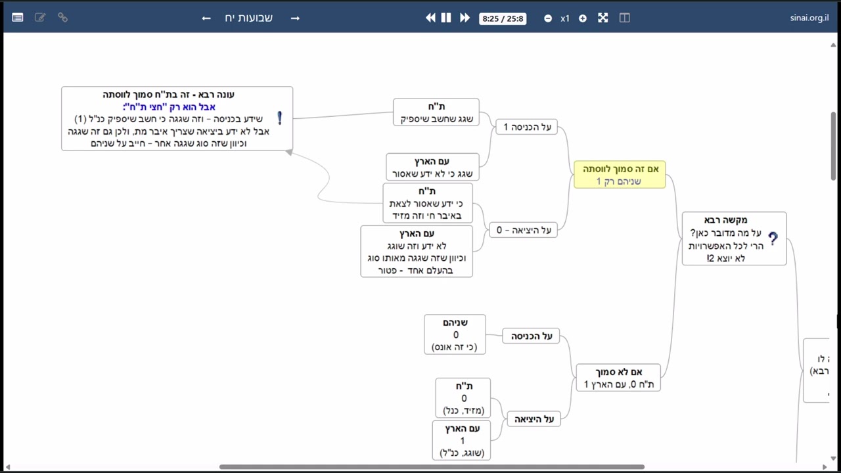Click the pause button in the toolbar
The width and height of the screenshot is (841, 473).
(x=446, y=18)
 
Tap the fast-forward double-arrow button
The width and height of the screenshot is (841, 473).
(x=465, y=18)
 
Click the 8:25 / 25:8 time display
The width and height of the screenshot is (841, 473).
(x=503, y=18)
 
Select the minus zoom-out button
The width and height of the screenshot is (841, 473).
(x=548, y=18)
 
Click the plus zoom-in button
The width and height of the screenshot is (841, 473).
(x=583, y=18)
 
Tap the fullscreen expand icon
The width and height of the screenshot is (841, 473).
(x=603, y=18)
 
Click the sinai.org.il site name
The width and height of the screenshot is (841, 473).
(x=809, y=18)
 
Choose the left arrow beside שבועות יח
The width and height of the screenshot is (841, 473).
(x=206, y=18)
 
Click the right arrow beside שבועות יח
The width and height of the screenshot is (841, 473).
(x=295, y=18)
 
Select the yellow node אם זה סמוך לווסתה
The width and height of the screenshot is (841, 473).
(x=620, y=175)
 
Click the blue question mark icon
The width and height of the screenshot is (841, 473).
(x=773, y=238)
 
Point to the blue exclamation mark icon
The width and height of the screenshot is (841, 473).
(x=280, y=118)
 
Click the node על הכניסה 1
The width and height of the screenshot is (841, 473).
(x=527, y=127)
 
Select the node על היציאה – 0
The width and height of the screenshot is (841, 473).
(x=524, y=230)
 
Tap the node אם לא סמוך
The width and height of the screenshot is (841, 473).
(x=618, y=378)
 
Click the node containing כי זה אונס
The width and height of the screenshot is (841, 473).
(x=455, y=334)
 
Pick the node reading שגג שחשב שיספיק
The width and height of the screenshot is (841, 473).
(x=436, y=112)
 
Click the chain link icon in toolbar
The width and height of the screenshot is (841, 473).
(x=62, y=17)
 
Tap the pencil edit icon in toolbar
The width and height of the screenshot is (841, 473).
(x=40, y=17)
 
